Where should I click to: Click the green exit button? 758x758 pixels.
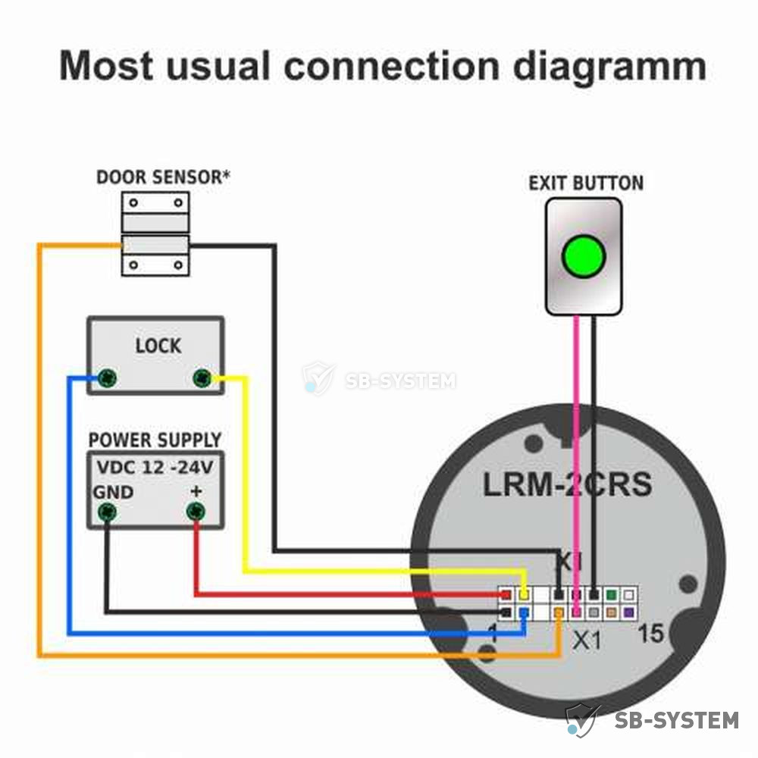click(584, 256)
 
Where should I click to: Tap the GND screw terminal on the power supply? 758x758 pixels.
click(107, 512)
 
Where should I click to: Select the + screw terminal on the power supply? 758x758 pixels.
click(196, 512)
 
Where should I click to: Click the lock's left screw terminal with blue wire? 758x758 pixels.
click(107, 377)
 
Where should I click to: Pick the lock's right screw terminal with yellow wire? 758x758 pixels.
click(202, 377)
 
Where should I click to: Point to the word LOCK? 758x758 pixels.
click(158, 346)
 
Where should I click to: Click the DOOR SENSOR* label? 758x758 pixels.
click(164, 177)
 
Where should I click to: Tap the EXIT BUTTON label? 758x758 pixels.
click(586, 183)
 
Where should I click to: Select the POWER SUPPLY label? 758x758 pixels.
click(155, 440)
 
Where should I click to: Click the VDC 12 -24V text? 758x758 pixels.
click(155, 468)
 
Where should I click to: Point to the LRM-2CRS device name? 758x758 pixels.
click(568, 484)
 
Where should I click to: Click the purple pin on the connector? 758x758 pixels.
click(628, 612)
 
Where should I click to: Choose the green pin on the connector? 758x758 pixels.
click(612, 594)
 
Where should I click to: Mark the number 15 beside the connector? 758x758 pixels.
click(650, 633)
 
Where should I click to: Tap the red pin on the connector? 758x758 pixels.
click(506, 594)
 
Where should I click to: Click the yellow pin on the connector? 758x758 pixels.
click(524, 594)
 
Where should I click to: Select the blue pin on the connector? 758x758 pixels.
click(524, 613)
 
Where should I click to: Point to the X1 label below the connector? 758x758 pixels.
click(587, 641)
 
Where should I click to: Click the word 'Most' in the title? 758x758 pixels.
click(106, 64)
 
